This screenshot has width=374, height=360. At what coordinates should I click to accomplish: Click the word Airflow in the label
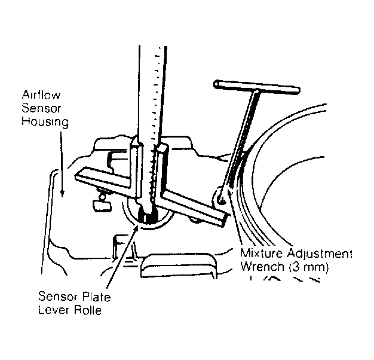tap(41, 94)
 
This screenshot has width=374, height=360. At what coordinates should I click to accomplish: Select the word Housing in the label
tap(45, 121)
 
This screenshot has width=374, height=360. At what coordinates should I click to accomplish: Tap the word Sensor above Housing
tap(41, 108)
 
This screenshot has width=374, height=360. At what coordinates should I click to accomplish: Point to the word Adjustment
tap(319, 254)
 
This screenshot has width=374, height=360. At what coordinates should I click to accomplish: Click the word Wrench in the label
tap(262, 267)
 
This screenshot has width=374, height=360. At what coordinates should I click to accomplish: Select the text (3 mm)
tap(309, 267)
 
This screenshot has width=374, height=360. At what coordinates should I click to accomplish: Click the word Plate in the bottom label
tap(96, 297)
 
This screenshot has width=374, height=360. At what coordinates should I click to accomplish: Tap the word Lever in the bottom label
tap(53, 310)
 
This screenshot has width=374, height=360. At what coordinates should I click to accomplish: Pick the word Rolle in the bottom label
tap(87, 310)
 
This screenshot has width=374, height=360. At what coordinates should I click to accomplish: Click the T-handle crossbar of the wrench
tap(257, 87)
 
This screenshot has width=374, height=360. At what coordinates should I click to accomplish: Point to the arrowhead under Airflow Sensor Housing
tap(62, 194)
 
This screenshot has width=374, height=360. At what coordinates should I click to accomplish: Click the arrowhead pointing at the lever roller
tap(136, 227)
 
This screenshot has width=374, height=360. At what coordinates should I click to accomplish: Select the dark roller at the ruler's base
tap(148, 215)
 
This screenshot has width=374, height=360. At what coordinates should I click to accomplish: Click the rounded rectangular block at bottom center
tap(179, 266)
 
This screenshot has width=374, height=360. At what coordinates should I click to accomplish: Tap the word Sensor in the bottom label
tap(58, 297)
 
